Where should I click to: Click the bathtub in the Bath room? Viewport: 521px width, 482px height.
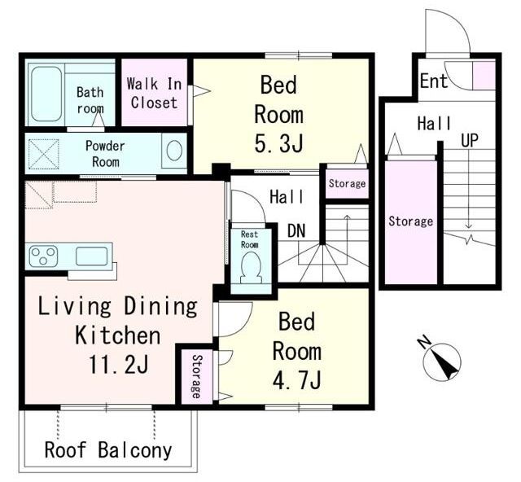tap(46, 94)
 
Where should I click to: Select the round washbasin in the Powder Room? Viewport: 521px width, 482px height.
tap(174, 151)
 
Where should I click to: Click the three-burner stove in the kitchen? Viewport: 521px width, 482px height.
tap(43, 256)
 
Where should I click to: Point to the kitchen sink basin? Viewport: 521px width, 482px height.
tap(92, 256)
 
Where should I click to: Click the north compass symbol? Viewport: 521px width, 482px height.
tap(443, 361)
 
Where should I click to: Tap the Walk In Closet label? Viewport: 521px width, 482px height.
tap(154, 93)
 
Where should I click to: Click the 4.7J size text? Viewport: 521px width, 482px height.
tap(296, 380)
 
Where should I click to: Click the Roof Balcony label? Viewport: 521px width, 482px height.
tap(108, 450)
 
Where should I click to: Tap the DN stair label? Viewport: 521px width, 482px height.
tap(296, 230)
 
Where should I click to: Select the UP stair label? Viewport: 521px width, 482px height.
tap(470, 140)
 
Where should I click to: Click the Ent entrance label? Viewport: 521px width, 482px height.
tap(434, 81)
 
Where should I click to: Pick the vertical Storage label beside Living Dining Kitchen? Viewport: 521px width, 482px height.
tap(197, 376)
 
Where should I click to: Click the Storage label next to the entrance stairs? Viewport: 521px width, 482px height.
tap(410, 221)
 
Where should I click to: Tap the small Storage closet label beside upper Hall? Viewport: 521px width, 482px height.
tap(348, 183)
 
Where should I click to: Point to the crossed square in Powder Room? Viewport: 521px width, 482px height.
tap(44, 154)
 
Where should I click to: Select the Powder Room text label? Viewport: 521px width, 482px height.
tap(105, 154)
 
